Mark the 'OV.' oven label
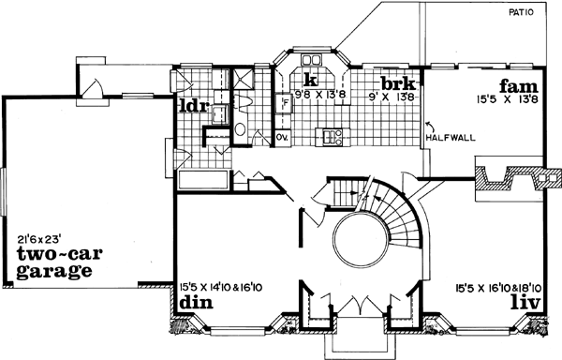click(x=283, y=139)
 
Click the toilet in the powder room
click(x=241, y=131)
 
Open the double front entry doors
click(x=356, y=307)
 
